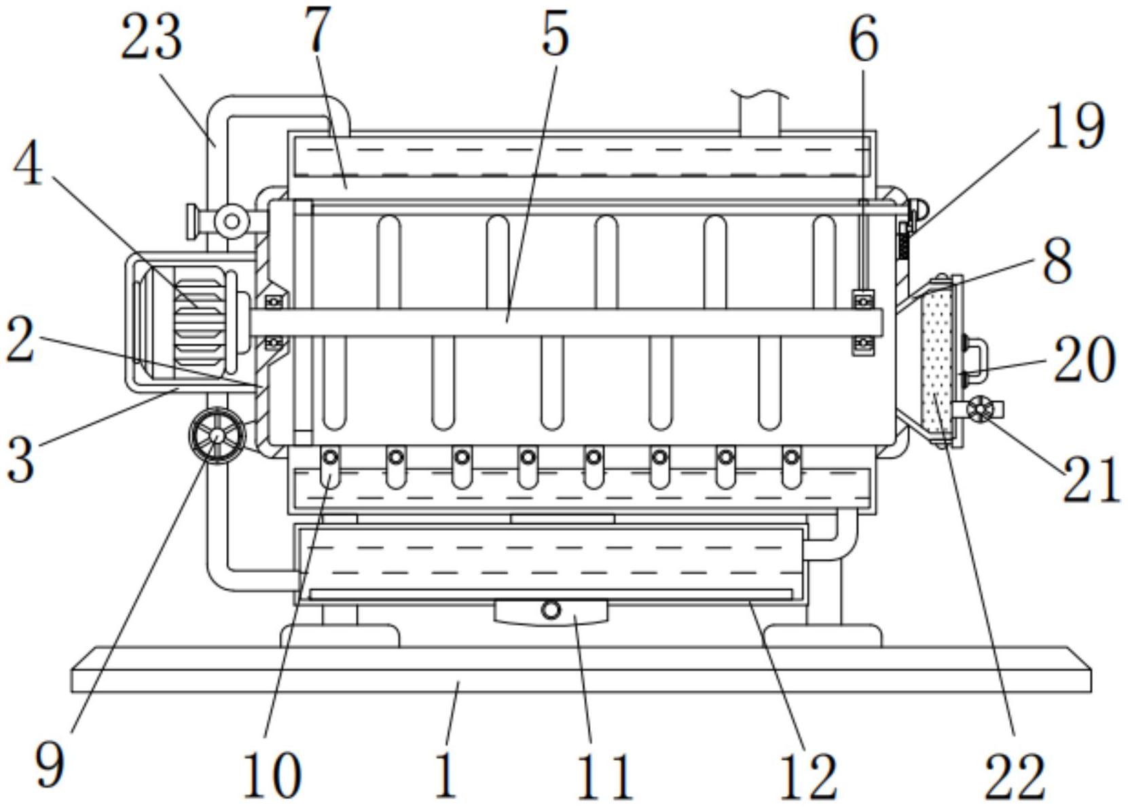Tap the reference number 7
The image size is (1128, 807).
coord(318,30)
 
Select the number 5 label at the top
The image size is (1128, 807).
coord(555,35)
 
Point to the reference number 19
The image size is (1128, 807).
coord(1076,126)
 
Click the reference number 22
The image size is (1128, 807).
coord(1014,776)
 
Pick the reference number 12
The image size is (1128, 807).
coord(807,776)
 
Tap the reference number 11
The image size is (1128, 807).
coord(604,776)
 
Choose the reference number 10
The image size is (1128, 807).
coord(272,776)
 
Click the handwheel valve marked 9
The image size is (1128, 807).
coord(217,435)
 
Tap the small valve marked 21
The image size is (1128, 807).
coord(980,409)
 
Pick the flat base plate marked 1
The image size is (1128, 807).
coord(581,670)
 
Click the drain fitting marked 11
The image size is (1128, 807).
coord(551,611)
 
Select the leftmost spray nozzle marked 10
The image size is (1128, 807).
coord(330,469)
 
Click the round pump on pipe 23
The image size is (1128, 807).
coord(232,221)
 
